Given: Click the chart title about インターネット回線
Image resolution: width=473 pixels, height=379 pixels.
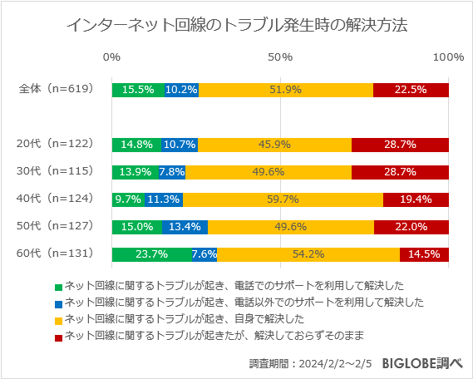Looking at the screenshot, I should [x=236, y=26].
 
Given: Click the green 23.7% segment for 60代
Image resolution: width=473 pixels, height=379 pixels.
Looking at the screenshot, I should [x=151, y=254].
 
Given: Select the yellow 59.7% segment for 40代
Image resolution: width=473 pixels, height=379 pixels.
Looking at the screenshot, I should [x=283, y=199].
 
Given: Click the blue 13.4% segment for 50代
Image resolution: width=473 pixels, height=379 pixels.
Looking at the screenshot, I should [x=185, y=227].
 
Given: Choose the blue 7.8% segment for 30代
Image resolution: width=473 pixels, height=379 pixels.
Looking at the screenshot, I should [x=172, y=172].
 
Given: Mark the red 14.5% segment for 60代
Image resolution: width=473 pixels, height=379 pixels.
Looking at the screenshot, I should [x=424, y=254].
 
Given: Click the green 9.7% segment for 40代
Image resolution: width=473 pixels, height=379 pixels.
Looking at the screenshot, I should [x=128, y=199].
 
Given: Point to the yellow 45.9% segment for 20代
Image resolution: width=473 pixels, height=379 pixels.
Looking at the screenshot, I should [x=274, y=145].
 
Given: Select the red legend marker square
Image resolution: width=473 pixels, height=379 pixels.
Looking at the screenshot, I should [x=58, y=336].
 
